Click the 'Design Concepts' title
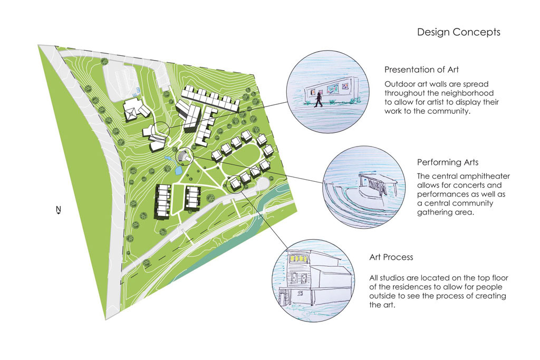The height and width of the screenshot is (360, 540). click(458, 32)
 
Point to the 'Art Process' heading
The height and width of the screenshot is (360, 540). click(391, 257)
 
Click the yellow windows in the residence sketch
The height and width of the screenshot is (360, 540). click(298, 259)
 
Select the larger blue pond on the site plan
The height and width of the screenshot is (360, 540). click(178, 171)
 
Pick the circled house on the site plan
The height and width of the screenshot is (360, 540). click(234, 183)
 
